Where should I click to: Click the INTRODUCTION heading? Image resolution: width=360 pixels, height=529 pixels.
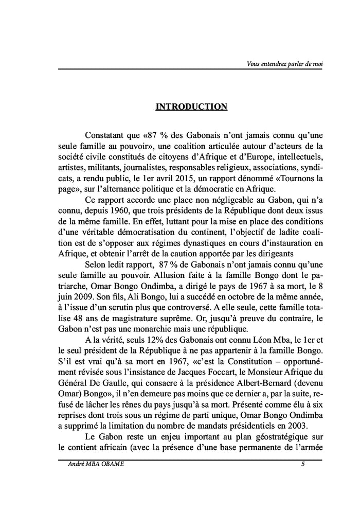pyautogui.click(x=191, y=107)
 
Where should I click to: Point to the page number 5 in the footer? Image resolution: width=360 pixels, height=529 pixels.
pyautogui.click(x=303, y=465)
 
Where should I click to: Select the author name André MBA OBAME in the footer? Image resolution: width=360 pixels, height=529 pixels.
pyautogui.click(x=96, y=465)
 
